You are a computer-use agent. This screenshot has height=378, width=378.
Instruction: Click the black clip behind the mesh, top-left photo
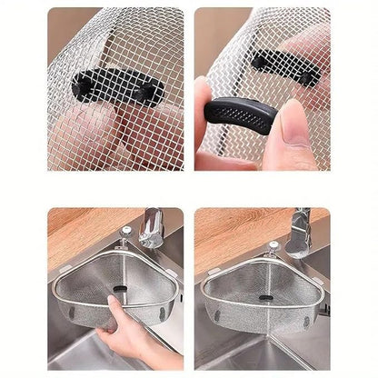(118, 87)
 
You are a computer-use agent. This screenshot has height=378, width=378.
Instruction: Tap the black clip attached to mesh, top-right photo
(285, 66)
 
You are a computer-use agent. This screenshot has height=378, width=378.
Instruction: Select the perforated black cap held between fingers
(242, 115)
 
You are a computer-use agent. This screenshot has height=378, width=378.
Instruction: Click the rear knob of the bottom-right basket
(272, 245)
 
